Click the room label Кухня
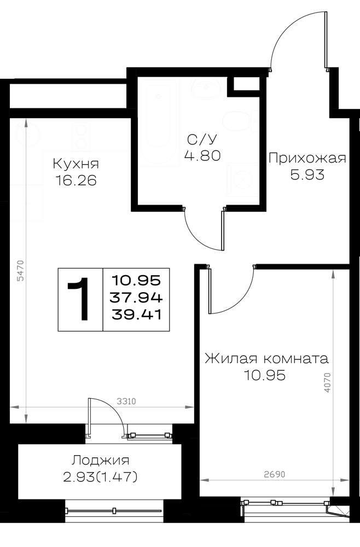(76, 164)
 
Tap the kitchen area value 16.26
(76, 181)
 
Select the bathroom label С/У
(202, 139)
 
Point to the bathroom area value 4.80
(202, 155)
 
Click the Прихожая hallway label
(307, 159)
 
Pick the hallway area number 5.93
(307, 174)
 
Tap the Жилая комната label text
(266, 359)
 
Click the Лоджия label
(101, 461)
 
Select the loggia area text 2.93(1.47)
(101, 477)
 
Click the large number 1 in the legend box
(80, 299)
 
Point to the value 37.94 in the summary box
(136, 298)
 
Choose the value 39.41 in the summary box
(136, 315)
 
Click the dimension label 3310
(126, 402)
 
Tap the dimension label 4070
(327, 383)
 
